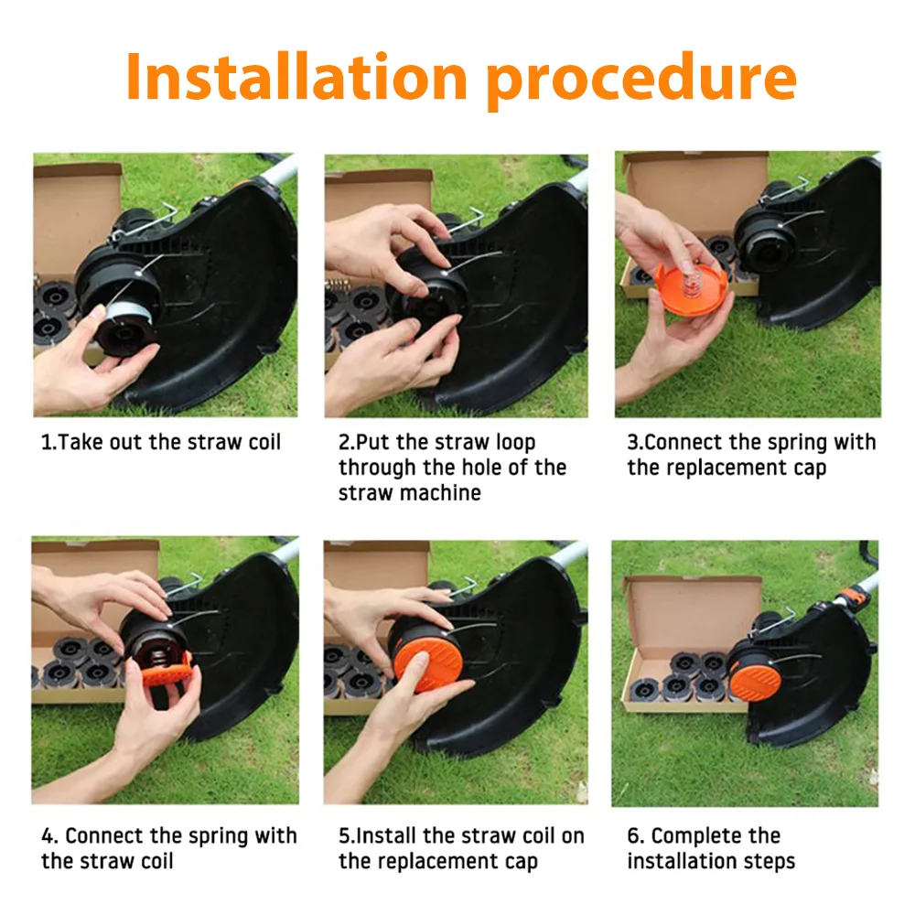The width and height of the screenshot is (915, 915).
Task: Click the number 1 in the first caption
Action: [47, 443]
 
